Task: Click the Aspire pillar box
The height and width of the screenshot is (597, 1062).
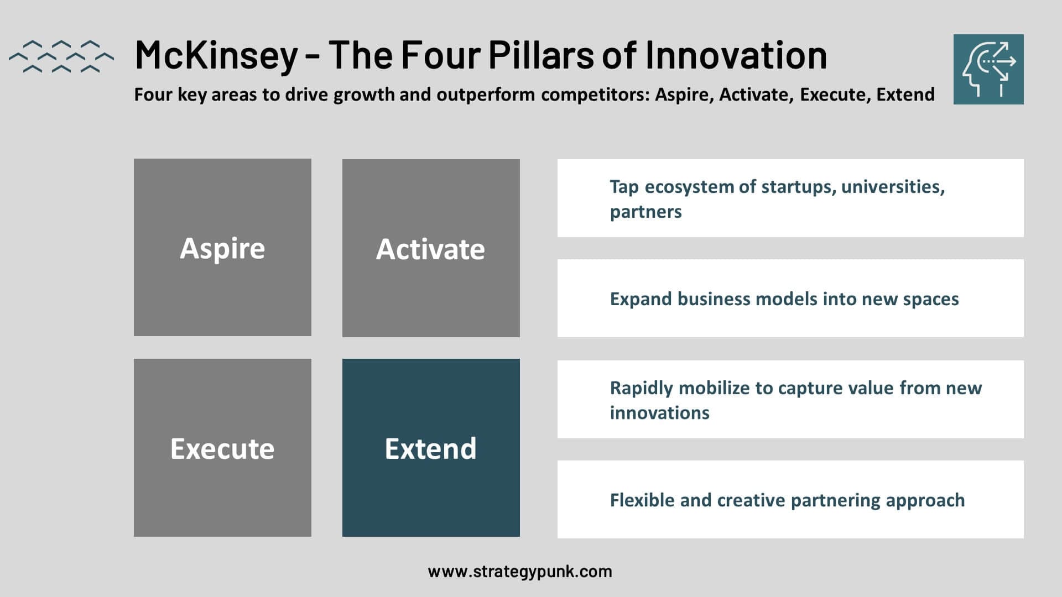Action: (222, 247)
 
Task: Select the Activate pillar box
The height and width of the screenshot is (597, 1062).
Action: (431, 248)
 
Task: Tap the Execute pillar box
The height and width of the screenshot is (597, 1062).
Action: (222, 448)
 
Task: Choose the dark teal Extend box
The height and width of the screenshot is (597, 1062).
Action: (431, 448)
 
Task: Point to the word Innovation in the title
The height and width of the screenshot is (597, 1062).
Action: (736, 55)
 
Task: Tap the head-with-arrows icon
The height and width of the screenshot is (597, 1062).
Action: (988, 69)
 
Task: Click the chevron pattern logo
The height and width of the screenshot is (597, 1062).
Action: (61, 56)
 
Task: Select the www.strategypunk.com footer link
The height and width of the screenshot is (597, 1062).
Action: (520, 572)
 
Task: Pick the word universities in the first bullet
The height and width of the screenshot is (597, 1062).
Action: (893, 187)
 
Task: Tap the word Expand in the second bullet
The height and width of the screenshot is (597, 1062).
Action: (641, 299)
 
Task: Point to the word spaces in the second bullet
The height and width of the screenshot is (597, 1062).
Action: (931, 300)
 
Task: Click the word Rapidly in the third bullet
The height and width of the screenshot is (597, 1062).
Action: (641, 388)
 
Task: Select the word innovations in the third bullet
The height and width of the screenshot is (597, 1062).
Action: (660, 413)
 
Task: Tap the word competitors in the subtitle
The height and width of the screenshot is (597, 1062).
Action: (595, 95)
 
